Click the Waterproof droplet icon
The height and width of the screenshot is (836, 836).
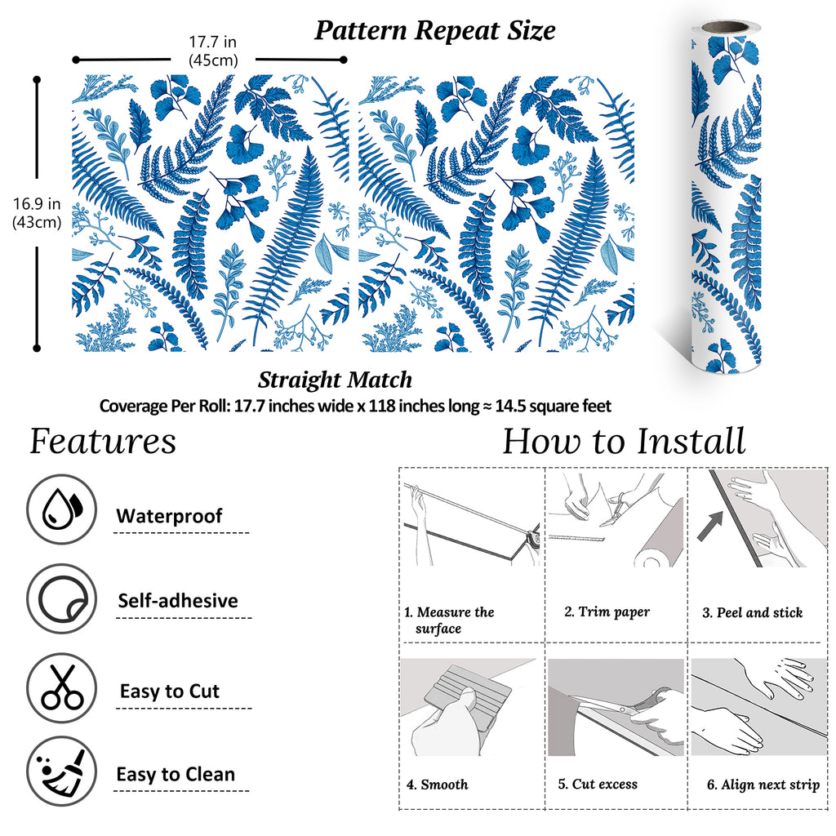(x=62, y=509)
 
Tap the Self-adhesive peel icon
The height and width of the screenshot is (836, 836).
(x=62, y=598)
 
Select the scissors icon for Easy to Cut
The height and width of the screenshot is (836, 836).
(x=62, y=687)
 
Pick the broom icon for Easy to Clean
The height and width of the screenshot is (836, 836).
(x=62, y=772)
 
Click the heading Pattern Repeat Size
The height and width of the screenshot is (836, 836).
(x=434, y=30)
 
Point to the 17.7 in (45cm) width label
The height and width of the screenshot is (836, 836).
(x=213, y=51)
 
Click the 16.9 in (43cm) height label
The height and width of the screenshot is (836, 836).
(x=37, y=213)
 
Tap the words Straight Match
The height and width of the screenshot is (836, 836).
(x=335, y=380)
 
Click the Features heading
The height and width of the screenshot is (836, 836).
(x=102, y=442)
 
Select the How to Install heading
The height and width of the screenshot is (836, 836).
(x=624, y=442)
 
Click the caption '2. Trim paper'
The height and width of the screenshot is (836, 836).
(x=607, y=612)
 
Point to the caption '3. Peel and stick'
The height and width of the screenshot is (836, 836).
(x=752, y=612)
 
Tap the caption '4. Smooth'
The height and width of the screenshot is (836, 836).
(x=438, y=785)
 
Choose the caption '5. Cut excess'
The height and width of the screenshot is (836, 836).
(x=598, y=784)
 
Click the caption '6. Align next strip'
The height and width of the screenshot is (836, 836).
(x=763, y=785)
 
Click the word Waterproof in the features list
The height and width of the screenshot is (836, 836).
(x=169, y=516)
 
